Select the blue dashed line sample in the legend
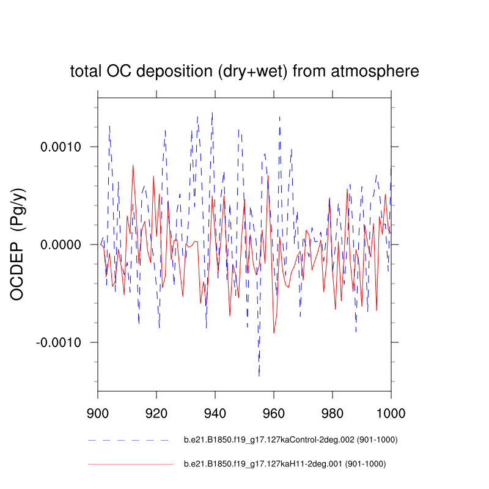pos(128,440)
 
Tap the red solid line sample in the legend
pos(128,465)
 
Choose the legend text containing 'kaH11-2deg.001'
pos(285,465)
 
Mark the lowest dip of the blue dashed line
pos(259,375)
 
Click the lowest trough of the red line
pos(274,333)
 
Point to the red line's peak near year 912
pos(133,165)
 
